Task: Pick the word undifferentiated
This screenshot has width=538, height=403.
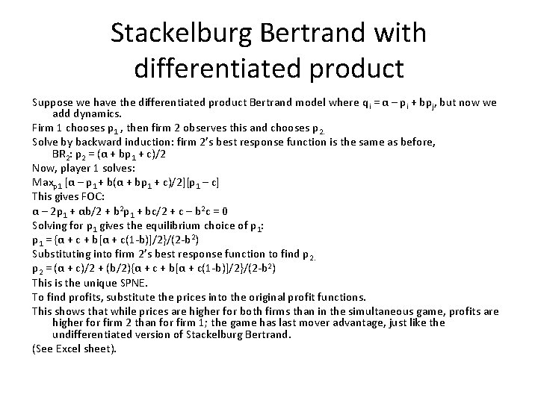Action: click(95, 334)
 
